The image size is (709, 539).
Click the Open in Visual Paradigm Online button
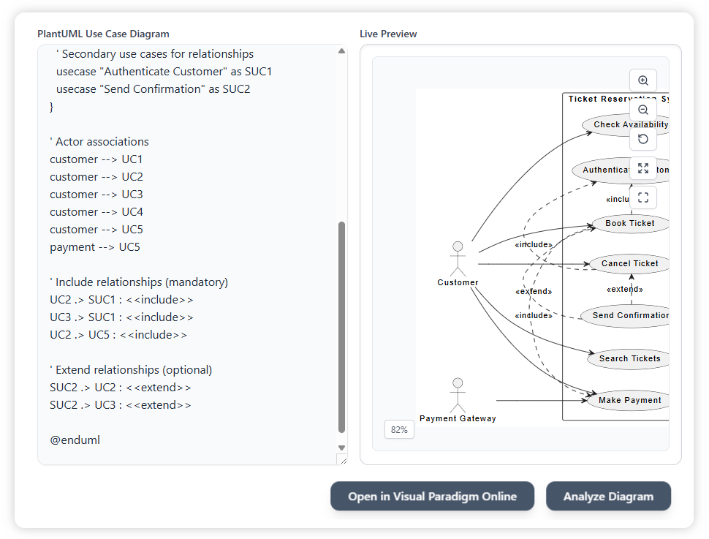[432, 496]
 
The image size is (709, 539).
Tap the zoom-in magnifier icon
[643, 80]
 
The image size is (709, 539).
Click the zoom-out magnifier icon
[643, 110]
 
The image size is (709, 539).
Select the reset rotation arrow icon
[643, 139]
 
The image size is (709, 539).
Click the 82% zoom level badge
[399, 429]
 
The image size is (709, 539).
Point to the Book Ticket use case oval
[629, 223]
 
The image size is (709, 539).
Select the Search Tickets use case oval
[629, 358]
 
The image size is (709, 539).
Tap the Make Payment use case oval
[629, 400]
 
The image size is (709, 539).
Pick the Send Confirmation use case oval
[625, 316]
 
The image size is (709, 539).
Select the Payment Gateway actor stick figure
[458, 395]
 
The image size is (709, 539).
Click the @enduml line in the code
[75, 440]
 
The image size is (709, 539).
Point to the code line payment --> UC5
[95, 247]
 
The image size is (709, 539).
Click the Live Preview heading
[388, 34]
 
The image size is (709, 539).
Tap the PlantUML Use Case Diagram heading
[103, 34]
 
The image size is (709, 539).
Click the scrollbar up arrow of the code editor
[341, 51]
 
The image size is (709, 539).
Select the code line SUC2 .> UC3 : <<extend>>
[121, 405]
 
